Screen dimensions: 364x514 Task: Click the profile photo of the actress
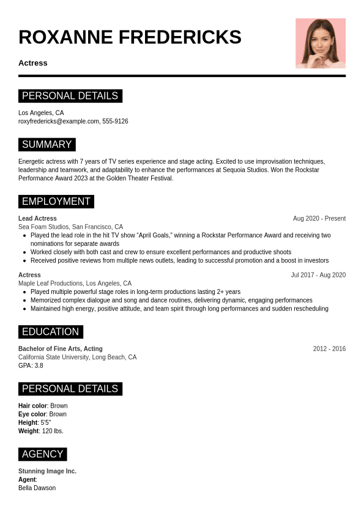pyautogui.click(x=321, y=43)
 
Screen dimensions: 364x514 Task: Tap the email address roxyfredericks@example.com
pyautogui.click(x=59, y=122)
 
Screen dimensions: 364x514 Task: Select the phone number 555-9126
pyautogui.click(x=115, y=122)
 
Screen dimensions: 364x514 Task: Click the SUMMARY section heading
pyautogui.click(x=46, y=145)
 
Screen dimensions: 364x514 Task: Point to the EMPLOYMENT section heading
pyautogui.click(x=56, y=202)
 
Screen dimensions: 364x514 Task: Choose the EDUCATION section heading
pyautogui.click(x=51, y=332)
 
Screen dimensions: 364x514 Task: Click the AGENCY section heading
pyautogui.click(x=42, y=454)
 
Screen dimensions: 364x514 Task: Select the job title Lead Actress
pyautogui.click(x=37, y=219)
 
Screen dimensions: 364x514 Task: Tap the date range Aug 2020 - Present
pyautogui.click(x=319, y=219)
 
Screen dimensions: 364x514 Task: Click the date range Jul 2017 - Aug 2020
pyautogui.click(x=318, y=275)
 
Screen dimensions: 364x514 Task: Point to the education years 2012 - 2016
pyautogui.click(x=329, y=349)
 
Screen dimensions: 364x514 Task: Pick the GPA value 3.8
pyautogui.click(x=39, y=365)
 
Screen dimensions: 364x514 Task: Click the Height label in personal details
pyautogui.click(x=28, y=422)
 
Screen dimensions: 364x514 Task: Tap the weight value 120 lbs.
pyautogui.click(x=53, y=431)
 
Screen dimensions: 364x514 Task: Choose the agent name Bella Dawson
pyautogui.click(x=37, y=488)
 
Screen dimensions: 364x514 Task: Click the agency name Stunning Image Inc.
pyautogui.click(x=47, y=471)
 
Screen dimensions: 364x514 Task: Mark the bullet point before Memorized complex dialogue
pyautogui.click(x=24, y=301)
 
